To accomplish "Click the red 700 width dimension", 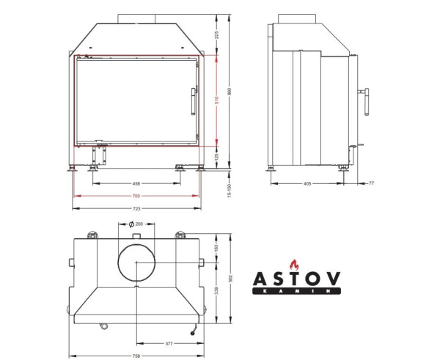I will (x=136, y=196).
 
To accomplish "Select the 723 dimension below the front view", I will (x=136, y=208).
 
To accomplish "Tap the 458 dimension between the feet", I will (x=136, y=183).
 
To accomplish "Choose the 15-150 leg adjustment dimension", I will (x=230, y=190).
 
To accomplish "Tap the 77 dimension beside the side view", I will (x=371, y=184).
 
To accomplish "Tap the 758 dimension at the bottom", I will (x=136, y=354).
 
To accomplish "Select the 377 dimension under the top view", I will (x=169, y=342).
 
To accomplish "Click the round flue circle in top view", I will (x=136, y=262).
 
